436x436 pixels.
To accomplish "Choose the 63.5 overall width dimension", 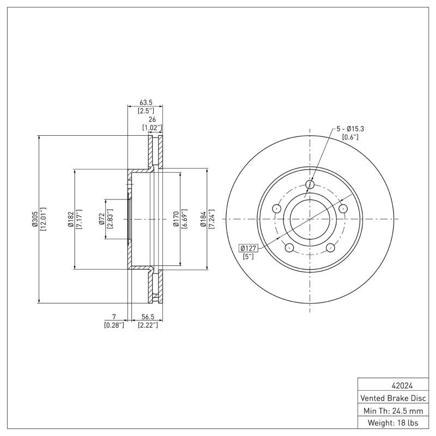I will click(146, 102).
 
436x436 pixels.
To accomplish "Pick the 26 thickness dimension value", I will click(152, 119).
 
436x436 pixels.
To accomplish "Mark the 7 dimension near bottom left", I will click(114, 317).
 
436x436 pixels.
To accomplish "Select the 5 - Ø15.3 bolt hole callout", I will click(350, 128).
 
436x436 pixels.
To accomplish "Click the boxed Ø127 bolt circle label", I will click(249, 248).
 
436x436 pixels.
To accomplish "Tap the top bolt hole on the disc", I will click(310, 185).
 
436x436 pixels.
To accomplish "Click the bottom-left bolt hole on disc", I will click(289, 249).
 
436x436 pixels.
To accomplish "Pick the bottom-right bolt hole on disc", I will click(330, 249).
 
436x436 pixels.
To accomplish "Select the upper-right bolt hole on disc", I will click(343, 209).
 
